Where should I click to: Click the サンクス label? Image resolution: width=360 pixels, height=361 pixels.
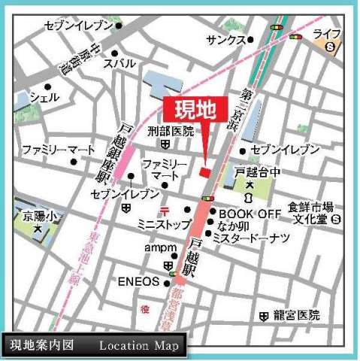228,38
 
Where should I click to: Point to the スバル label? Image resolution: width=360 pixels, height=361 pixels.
119,64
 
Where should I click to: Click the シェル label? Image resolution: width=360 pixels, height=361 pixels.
44,97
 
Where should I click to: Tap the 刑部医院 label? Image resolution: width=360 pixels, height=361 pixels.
171,130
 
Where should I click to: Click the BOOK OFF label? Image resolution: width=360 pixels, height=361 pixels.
249,214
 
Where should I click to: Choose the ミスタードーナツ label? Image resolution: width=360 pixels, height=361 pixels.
253,238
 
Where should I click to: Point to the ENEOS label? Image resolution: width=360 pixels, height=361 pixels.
139,282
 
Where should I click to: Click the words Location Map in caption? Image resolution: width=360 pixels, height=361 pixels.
139,346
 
